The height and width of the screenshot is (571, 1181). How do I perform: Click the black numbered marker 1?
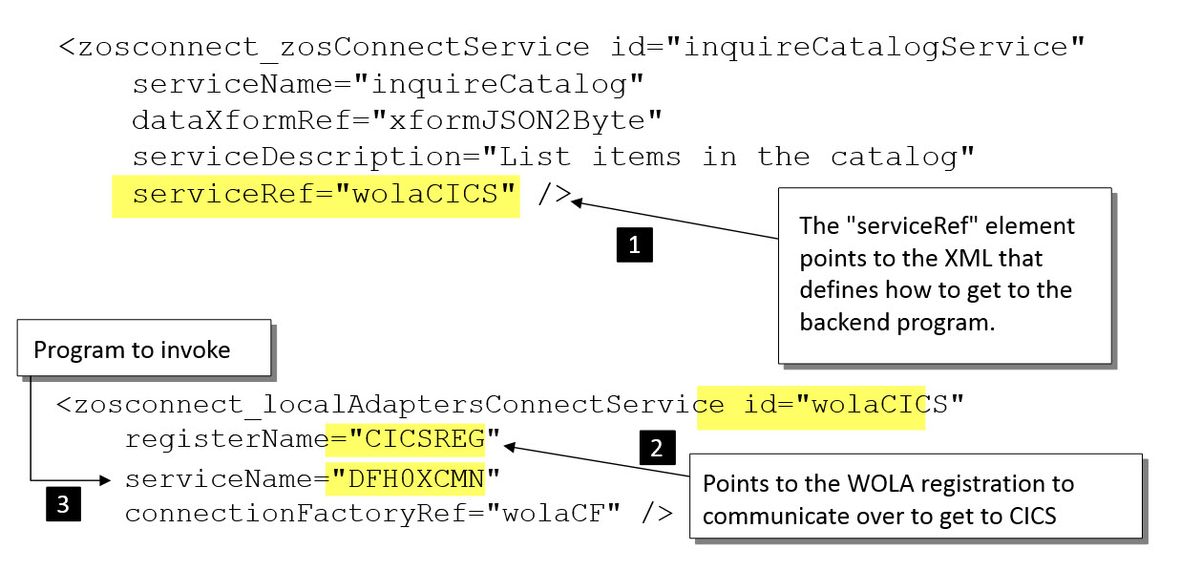[x=635, y=245]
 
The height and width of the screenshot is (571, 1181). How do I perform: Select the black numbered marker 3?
[x=62, y=504]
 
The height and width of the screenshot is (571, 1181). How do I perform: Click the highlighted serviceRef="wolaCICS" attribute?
[x=316, y=195]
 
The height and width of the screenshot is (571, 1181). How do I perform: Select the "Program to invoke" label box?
[x=132, y=350]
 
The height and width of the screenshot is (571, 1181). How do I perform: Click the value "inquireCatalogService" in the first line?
[x=883, y=46]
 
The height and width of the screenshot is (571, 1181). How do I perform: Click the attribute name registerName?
[x=224, y=440]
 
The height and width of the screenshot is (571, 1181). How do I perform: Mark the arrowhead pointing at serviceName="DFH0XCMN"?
[x=105, y=477]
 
